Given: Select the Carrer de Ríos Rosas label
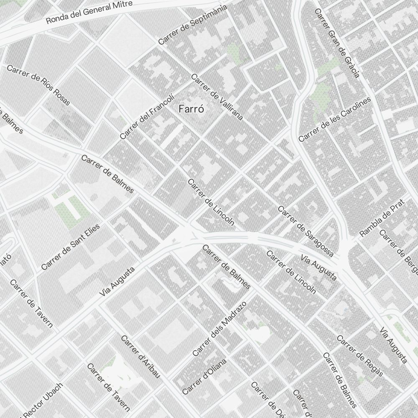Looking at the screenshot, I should click(38, 85).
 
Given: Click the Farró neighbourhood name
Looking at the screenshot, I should click(191, 110).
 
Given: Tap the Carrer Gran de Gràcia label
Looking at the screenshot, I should click(337, 43).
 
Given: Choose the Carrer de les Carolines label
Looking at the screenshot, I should click(335, 120).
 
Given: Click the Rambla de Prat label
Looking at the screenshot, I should click(382, 218).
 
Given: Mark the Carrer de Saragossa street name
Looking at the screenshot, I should click(306, 231).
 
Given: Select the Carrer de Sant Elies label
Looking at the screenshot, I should click(71, 247).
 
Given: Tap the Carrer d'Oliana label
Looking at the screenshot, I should click(204, 376).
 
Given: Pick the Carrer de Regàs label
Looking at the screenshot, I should click(359, 356).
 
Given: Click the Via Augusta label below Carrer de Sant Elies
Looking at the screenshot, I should click(117, 282).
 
